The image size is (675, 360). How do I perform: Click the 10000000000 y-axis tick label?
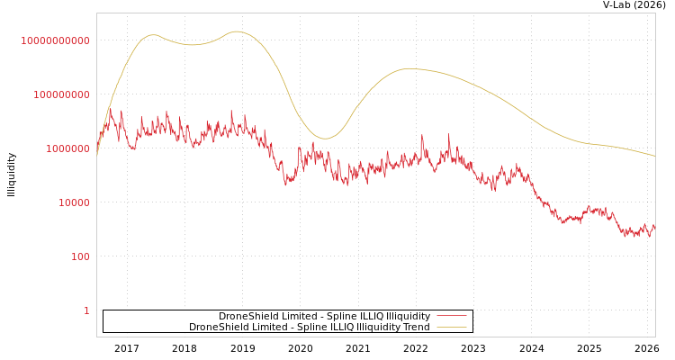click(55, 40)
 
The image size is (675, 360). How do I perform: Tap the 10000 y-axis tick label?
click(74, 202)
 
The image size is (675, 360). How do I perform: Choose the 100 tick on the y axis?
click(79, 256)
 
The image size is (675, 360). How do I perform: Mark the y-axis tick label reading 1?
click(86, 310)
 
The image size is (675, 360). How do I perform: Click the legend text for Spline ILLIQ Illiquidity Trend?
click(309, 328)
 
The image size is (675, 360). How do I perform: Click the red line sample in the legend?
click(451, 317)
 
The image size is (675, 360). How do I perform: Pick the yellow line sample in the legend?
click(451, 328)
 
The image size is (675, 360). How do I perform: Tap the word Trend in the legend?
click(417, 328)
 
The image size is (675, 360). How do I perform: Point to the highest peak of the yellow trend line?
click(238, 31)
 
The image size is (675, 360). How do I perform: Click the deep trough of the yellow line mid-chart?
click(325, 139)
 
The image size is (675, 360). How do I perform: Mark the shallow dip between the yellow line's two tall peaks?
click(192, 44)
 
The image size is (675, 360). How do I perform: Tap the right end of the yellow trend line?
click(654, 156)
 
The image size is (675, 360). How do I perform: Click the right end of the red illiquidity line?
click(654, 227)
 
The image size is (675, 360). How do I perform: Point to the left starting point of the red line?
click(97, 153)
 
